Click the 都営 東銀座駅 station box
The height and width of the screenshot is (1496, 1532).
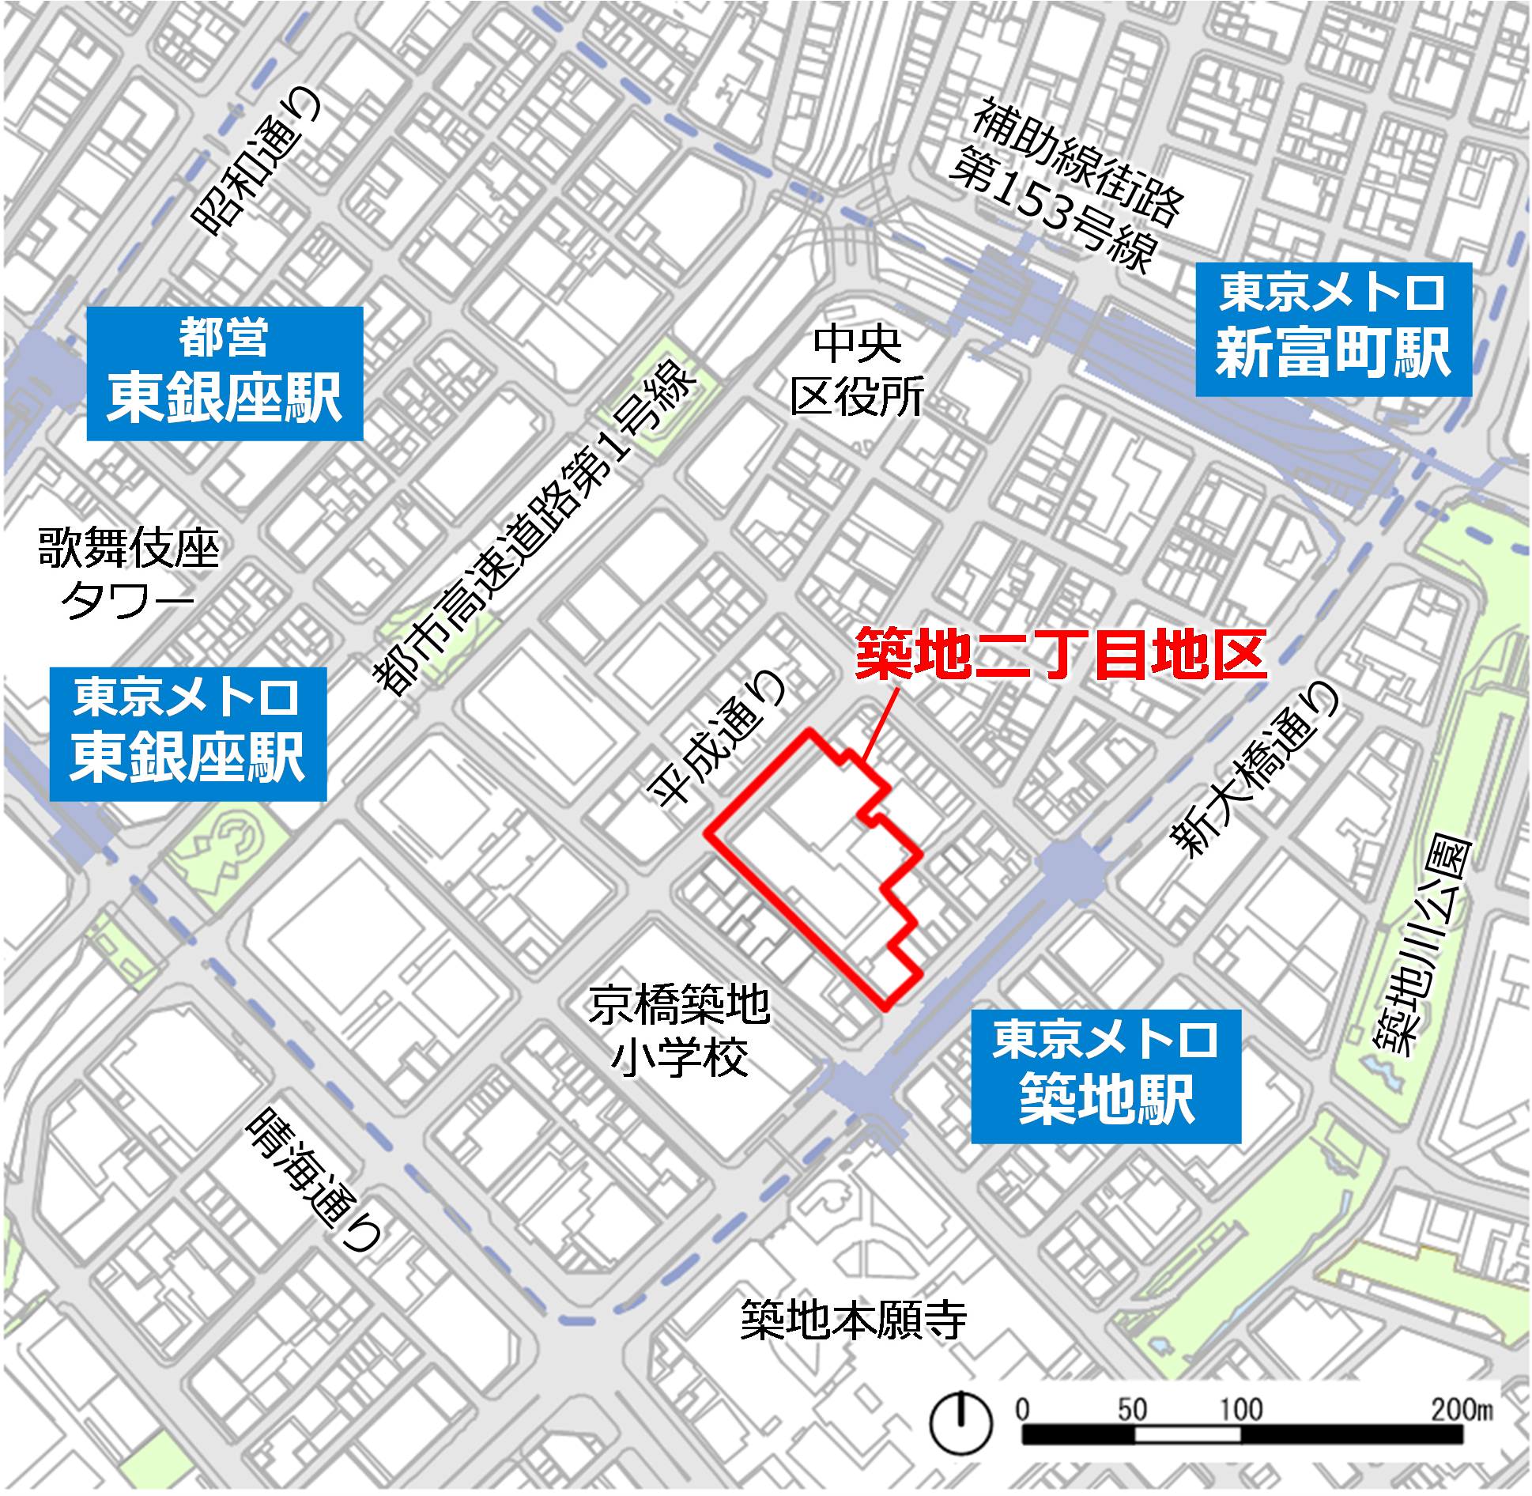click(x=225, y=373)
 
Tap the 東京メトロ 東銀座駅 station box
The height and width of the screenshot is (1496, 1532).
click(x=188, y=733)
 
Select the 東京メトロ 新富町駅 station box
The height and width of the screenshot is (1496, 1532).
click(x=1333, y=329)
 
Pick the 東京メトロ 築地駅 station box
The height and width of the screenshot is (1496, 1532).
click(x=1105, y=1075)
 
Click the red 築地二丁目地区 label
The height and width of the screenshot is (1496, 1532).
click(x=1061, y=655)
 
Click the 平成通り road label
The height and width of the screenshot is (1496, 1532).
click(x=718, y=737)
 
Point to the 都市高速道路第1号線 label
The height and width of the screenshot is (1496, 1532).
click(x=534, y=528)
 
